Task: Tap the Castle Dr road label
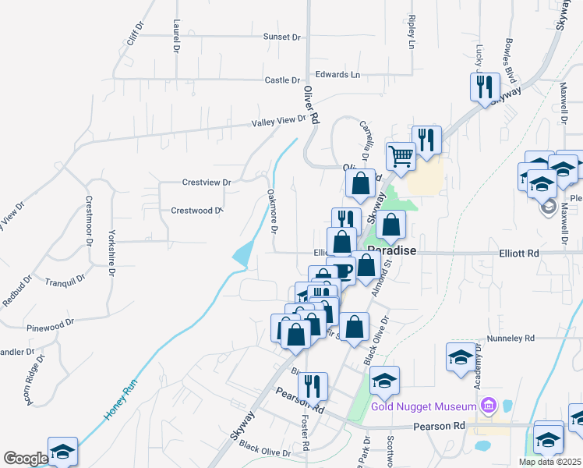point(282,80)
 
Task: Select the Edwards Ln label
point(337,75)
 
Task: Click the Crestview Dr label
point(207,183)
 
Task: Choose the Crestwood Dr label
point(196,211)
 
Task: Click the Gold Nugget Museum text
point(423,406)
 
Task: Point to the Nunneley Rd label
point(511,339)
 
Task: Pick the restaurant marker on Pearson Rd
point(313,386)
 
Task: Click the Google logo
point(25,459)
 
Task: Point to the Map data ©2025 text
point(549,462)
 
